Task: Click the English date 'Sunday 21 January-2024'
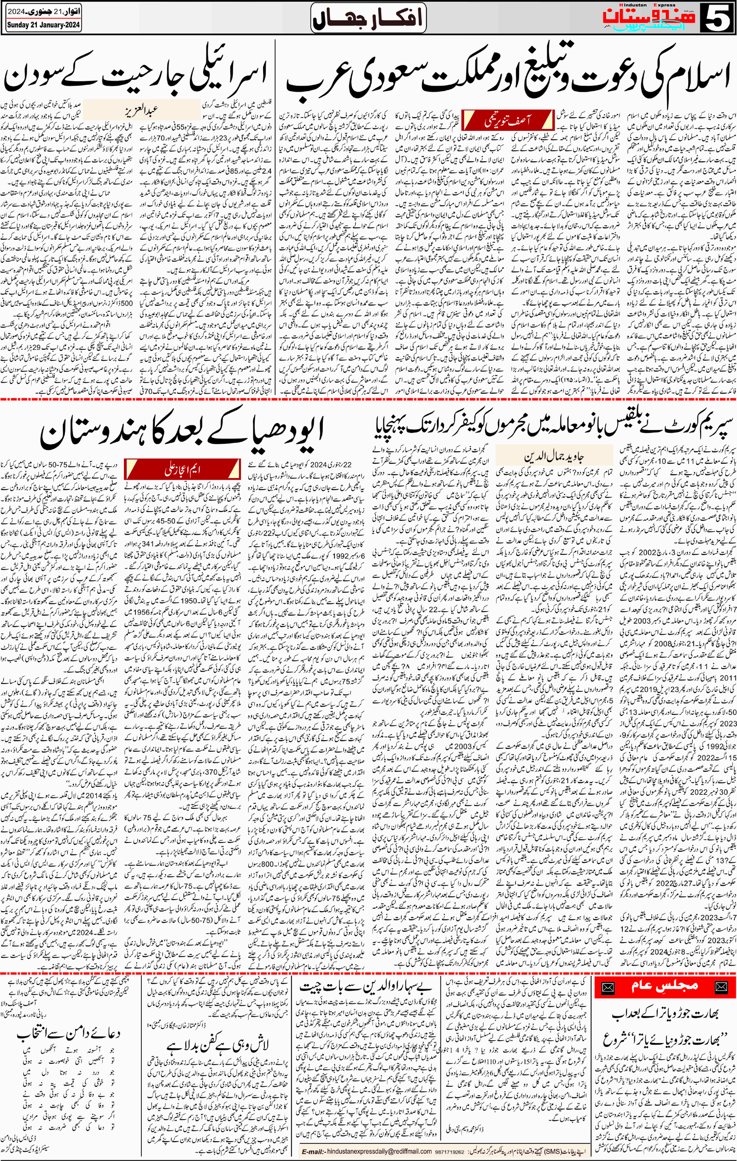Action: pos(43,25)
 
